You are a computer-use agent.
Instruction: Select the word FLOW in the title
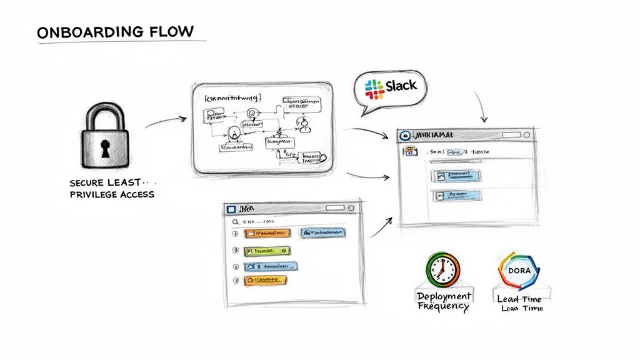tap(169, 31)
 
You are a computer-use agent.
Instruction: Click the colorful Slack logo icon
tap(374, 89)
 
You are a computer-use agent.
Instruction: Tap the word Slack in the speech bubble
tap(401, 86)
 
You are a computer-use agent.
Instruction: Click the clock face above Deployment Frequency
tap(442, 269)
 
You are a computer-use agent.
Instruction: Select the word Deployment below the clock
tap(444, 295)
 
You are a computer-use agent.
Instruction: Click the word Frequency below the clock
tap(444, 306)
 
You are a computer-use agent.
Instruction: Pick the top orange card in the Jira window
tap(267, 233)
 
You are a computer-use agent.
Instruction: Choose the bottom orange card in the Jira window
tap(266, 281)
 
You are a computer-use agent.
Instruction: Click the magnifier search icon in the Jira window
tap(235, 221)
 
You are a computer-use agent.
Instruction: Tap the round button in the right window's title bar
tap(526, 134)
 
